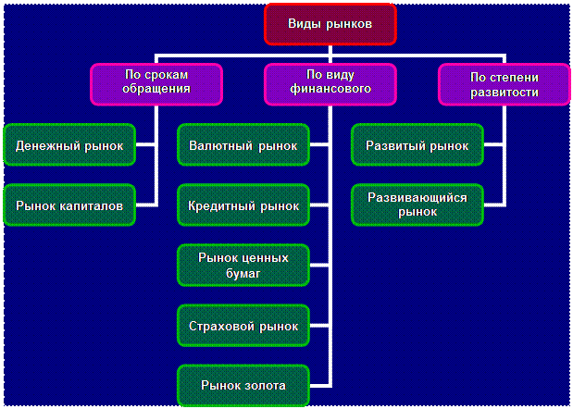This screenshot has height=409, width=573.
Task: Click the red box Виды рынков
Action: point(330,25)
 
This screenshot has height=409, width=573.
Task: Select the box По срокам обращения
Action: point(156,82)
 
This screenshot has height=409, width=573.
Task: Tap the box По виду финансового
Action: point(330,82)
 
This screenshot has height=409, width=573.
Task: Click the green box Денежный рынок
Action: point(69,146)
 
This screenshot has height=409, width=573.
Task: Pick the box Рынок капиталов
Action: point(69,205)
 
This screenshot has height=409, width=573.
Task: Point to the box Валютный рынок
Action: point(243,146)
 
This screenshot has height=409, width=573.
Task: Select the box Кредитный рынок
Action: point(243,205)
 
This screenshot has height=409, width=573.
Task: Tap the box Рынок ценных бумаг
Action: point(243,266)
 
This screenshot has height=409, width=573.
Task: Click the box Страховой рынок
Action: point(243,326)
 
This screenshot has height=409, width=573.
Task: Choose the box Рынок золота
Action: point(243,385)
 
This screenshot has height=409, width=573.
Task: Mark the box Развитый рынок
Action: point(417,146)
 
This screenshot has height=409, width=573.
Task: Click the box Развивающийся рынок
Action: point(417,205)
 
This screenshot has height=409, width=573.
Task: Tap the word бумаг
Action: point(243,274)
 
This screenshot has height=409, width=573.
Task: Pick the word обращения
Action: point(156,90)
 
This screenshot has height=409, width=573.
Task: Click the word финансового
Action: point(330,90)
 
